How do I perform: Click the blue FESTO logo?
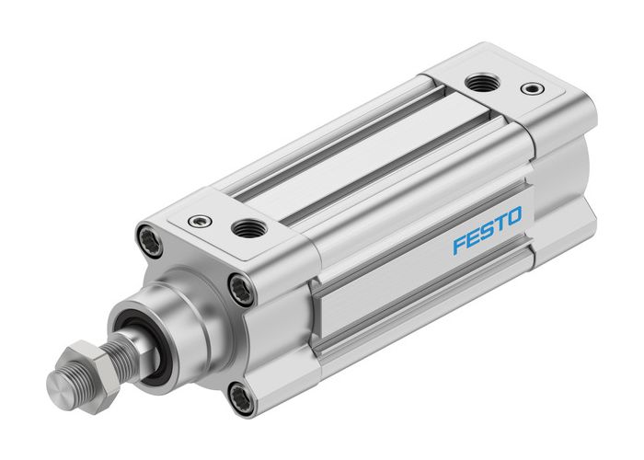tap(488, 231)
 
